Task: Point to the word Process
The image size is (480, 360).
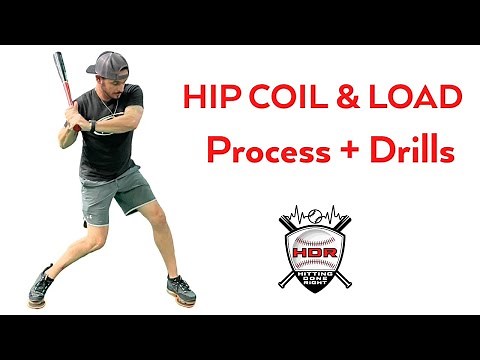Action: pyautogui.click(x=265, y=151)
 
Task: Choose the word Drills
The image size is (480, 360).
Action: pyautogui.click(x=411, y=151)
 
